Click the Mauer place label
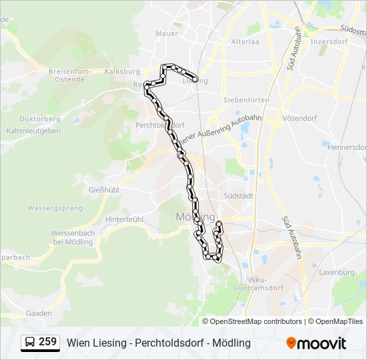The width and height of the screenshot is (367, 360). (167, 33)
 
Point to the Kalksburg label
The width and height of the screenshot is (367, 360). (126, 71)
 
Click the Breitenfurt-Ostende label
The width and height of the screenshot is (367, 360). (75, 75)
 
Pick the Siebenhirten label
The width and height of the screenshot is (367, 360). (246, 99)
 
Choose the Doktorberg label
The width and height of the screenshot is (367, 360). (39, 119)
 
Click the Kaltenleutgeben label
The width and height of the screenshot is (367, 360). (39, 131)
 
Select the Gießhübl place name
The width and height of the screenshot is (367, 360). (103, 190)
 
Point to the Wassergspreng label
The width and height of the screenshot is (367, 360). (55, 208)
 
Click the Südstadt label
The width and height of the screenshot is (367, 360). (238, 196)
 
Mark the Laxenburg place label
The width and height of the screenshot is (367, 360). (337, 272)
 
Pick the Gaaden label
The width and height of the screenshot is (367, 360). (38, 313)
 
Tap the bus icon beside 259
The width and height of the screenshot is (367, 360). (31, 342)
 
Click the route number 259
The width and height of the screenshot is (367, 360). (47, 342)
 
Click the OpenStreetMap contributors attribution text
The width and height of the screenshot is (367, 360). (256, 321)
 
